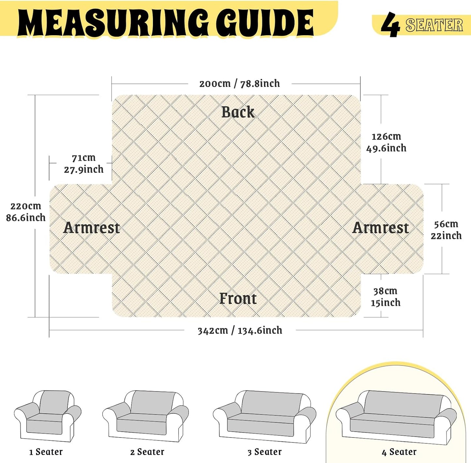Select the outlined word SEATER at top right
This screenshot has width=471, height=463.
tap(434, 25)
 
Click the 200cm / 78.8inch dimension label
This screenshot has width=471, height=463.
tap(240, 84)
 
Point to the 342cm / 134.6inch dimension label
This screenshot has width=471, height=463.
tap(240, 330)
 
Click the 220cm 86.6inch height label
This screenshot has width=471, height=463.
tap(26, 212)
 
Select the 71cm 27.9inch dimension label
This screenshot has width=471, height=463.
tap(83, 164)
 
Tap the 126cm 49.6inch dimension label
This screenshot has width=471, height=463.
tap(386, 142)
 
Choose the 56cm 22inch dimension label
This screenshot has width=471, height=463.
tap(446, 230)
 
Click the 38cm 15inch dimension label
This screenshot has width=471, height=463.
tap(386, 297)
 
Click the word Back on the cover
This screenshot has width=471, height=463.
tap(238, 112)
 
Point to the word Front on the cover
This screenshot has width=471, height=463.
tap(238, 298)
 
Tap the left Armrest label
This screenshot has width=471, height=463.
tap(91, 228)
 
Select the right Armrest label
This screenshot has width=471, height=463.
tap(380, 228)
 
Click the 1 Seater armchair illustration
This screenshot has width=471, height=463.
tap(48, 416)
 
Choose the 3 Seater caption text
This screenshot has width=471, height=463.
tap(264, 452)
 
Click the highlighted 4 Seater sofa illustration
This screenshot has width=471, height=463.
tap(396, 418)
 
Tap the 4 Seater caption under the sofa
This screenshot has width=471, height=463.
tap(399, 452)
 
